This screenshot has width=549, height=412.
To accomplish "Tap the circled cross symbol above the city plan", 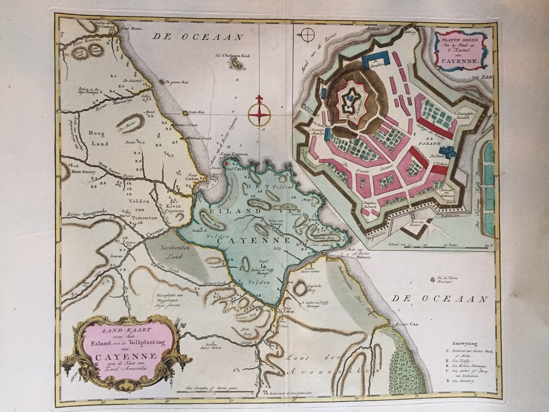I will point(308,35).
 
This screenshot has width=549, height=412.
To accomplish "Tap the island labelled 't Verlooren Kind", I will point(234,64).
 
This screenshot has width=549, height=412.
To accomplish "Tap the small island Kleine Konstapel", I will point(432,279).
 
